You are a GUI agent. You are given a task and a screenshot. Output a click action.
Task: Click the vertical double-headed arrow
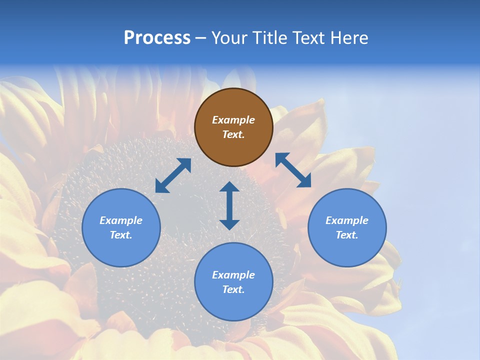click(229, 206)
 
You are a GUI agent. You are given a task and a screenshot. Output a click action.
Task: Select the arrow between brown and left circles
click(173, 175)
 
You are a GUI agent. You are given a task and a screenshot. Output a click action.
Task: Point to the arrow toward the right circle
click(293, 170)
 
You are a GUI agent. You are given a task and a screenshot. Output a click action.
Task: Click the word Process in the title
click(157, 37)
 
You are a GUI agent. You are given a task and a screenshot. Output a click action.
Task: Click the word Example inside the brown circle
click(233, 120)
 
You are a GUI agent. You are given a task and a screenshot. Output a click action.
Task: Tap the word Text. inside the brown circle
click(233, 134)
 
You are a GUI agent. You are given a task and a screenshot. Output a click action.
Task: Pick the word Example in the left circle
click(121, 220)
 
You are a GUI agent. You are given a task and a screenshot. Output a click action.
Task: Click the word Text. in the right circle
click(347, 235)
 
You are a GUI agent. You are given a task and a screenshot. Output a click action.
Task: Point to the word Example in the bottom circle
click(233, 275)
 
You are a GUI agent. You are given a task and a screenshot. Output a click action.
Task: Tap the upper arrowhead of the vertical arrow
click(229, 187)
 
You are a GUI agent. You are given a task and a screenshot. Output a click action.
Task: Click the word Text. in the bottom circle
click(233, 289)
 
